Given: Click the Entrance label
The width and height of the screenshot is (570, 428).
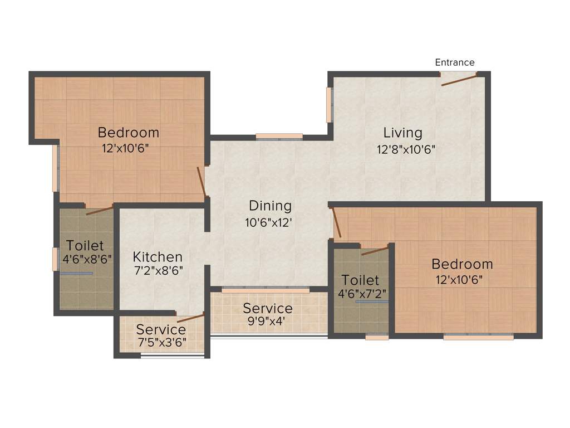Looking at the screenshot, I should point(455,62).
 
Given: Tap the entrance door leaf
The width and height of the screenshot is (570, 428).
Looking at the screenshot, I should point(459,80).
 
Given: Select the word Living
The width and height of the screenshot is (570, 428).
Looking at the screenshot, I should point(402,133).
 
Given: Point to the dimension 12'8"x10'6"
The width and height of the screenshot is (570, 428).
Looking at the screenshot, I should point(405,149).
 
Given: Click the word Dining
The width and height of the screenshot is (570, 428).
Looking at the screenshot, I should point(270,206).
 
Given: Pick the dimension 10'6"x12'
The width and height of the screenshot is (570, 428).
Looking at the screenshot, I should point(269,223).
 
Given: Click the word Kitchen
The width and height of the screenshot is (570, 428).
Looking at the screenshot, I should point(158,257).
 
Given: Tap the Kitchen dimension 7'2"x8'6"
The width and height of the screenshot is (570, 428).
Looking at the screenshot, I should point(158,271).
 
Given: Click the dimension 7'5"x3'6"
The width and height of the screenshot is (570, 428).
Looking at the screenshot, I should point(161,342).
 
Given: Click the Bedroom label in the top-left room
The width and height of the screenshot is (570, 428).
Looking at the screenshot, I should point(128,133).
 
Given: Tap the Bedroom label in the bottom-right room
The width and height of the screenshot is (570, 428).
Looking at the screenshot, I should point(462,264).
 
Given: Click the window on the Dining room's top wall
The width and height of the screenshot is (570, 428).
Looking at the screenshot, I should point(279,136).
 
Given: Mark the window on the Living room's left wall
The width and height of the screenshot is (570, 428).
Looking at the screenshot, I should point(329,105).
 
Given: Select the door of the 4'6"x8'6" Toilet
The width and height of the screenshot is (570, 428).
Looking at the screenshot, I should point(100,210).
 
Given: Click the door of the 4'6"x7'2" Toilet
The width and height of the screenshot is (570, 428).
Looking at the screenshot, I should point(375,250).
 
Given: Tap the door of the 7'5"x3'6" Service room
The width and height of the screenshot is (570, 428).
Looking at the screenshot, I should point(190,319).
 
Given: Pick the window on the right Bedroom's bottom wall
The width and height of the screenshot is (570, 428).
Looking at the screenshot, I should point(478,337).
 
